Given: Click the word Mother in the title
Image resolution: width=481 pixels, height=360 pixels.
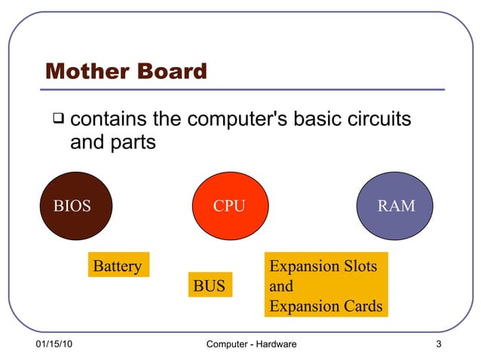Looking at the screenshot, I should (85, 72).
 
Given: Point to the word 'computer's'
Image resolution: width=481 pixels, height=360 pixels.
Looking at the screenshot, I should (234, 119).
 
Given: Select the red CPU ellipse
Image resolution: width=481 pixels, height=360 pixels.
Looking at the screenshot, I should (230, 206).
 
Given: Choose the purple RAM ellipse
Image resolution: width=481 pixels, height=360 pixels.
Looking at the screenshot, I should (396, 206).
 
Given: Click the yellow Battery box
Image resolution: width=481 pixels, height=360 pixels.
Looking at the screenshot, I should (118, 266).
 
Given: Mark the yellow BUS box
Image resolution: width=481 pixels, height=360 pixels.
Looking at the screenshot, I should (210, 286).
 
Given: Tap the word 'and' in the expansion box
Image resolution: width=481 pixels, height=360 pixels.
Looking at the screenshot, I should (281, 286).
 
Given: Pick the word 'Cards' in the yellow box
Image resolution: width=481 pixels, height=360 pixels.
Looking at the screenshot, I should (363, 307).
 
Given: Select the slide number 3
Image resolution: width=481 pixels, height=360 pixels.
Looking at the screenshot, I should (438, 344).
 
